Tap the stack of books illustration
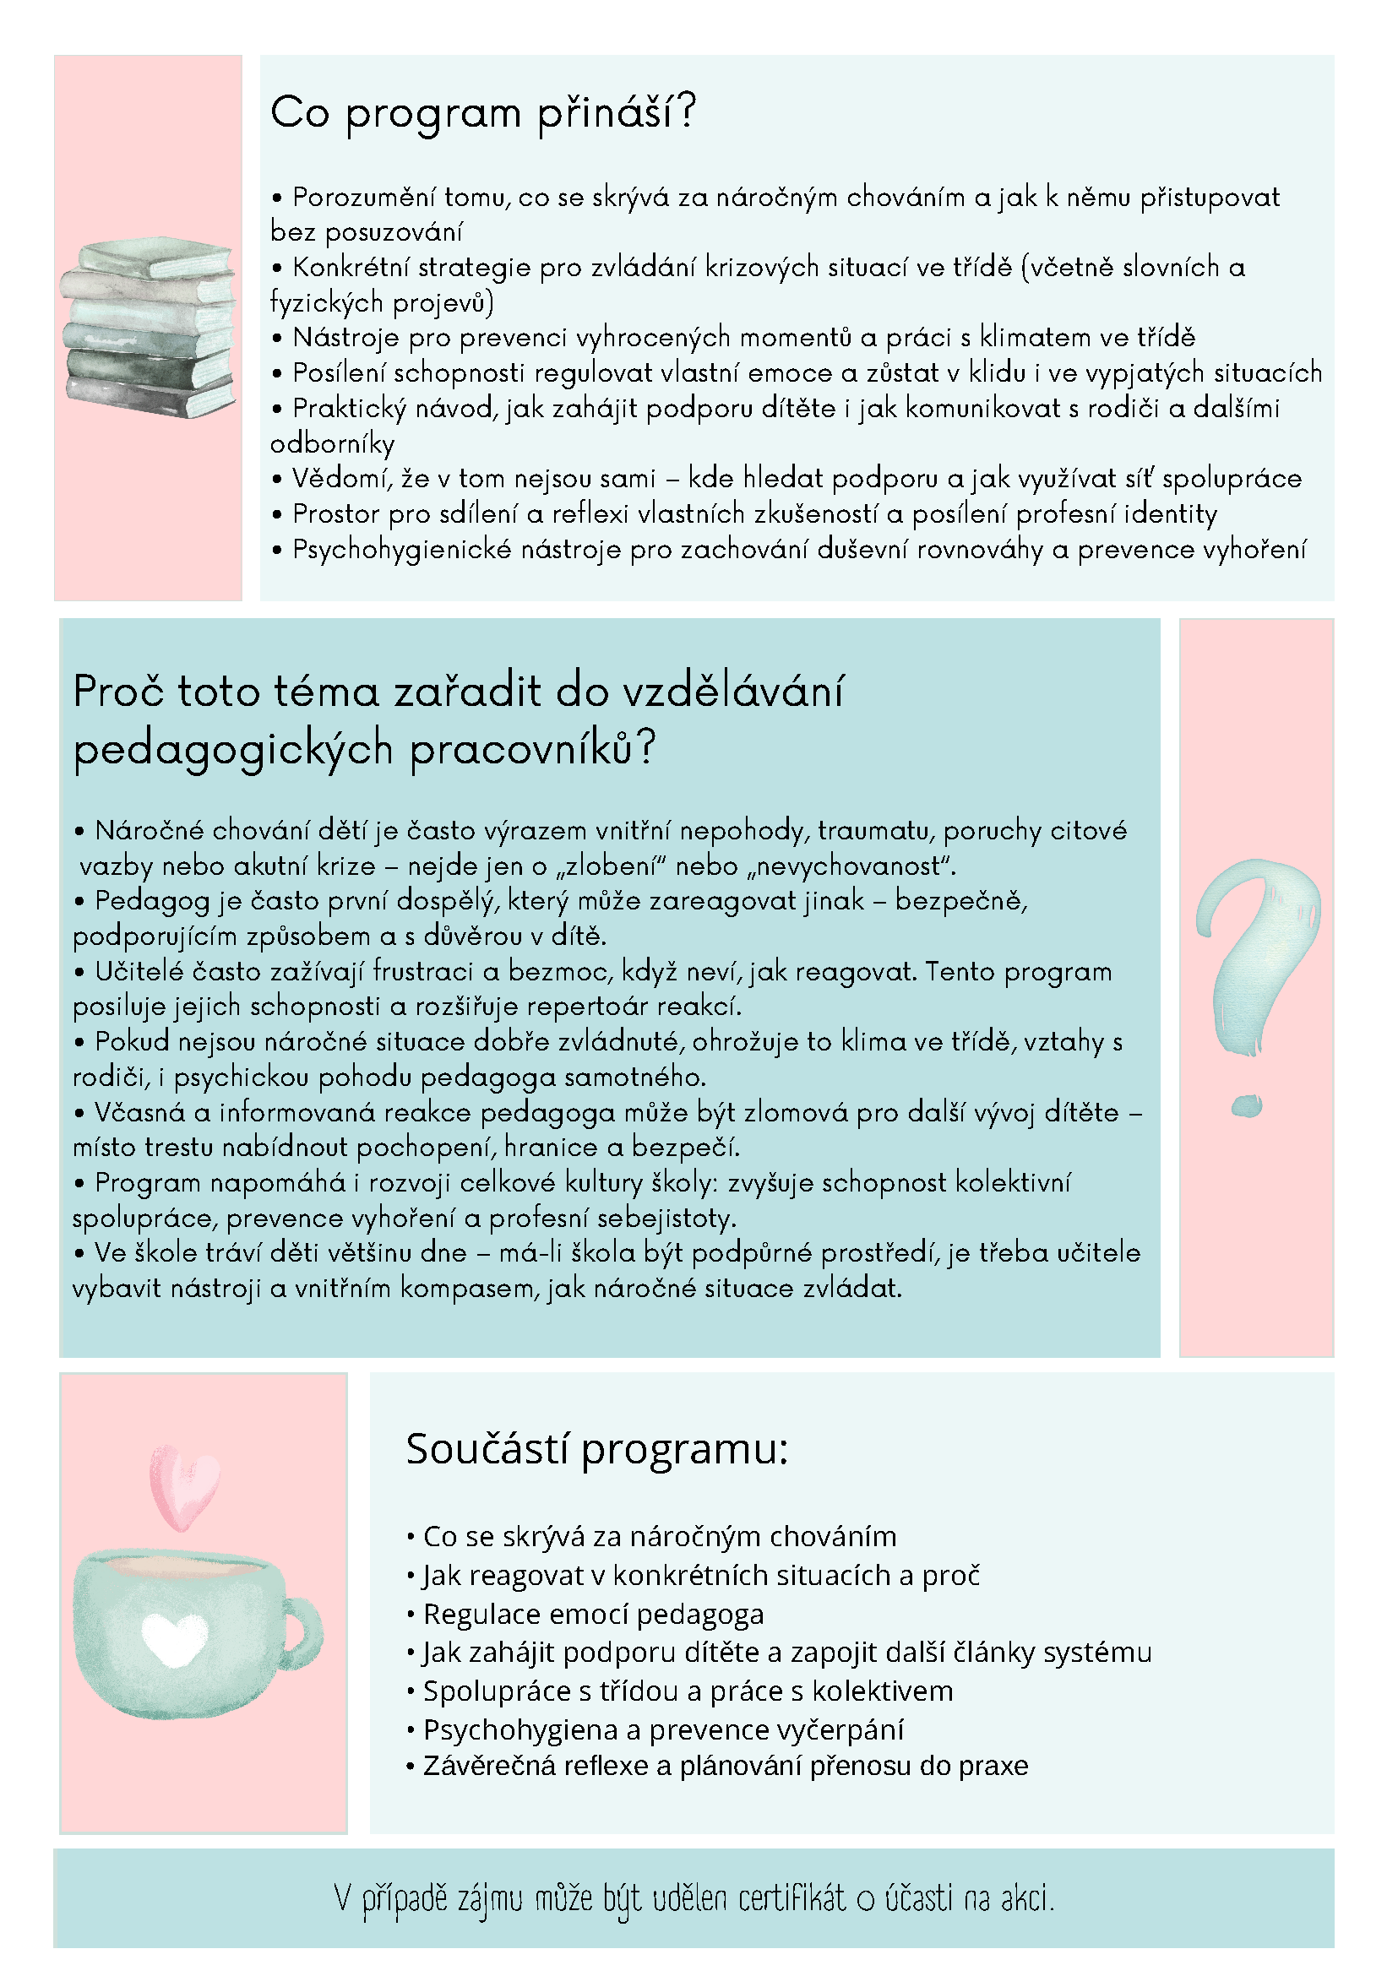click(x=149, y=328)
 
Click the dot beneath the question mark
click(x=1247, y=1105)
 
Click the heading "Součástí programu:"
click(x=596, y=1449)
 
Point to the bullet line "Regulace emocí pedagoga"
click(x=593, y=1615)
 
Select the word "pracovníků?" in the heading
click(x=532, y=749)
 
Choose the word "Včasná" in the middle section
click(x=139, y=1113)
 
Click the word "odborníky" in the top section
click(x=332, y=444)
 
